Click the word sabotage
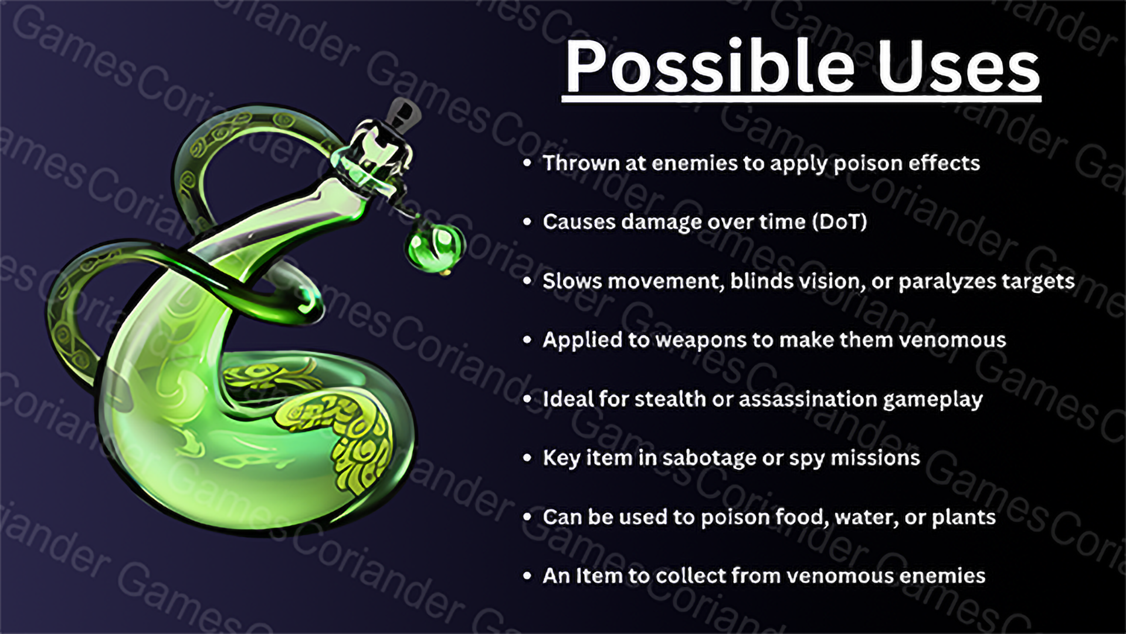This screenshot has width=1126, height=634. [x=709, y=458]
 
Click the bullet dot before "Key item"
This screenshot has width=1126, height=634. [x=527, y=458]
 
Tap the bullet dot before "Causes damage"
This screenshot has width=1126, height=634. [x=527, y=222]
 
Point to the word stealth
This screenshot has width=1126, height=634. [x=670, y=399]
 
